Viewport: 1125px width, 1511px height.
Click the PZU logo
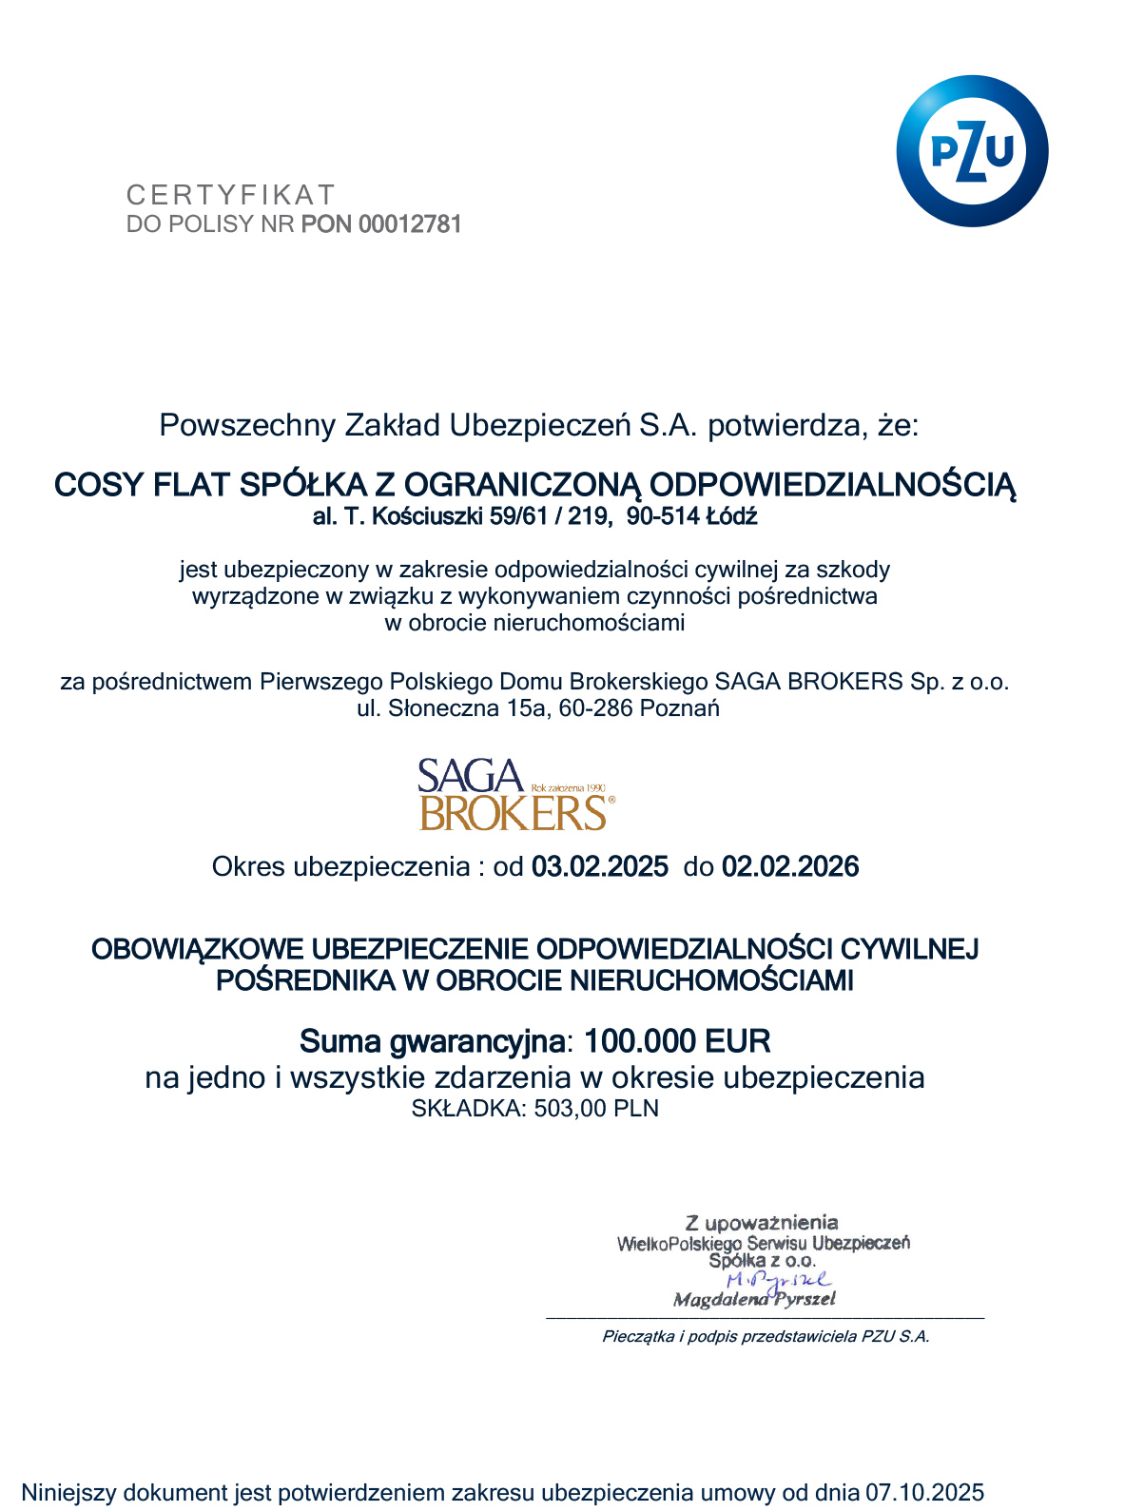tap(971, 151)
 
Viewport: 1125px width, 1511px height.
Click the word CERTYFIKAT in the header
tap(231, 195)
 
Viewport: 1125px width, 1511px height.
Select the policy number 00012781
tap(410, 224)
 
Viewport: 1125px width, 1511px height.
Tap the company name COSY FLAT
tap(143, 485)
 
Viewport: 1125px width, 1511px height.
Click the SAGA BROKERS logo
tap(514, 795)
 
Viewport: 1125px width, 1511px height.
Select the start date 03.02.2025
tap(599, 867)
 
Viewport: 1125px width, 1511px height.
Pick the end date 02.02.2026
tap(790, 867)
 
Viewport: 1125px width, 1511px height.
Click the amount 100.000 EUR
tap(677, 1041)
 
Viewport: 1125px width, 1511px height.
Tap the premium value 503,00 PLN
tap(596, 1109)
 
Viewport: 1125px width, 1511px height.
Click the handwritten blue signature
tap(778, 1281)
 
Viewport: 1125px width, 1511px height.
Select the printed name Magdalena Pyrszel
tap(754, 1300)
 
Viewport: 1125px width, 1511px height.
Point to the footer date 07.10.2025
tap(924, 1492)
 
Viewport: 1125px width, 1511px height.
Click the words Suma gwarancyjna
tap(432, 1041)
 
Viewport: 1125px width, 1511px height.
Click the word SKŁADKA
tap(467, 1109)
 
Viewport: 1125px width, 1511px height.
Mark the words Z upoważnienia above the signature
tap(762, 1223)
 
